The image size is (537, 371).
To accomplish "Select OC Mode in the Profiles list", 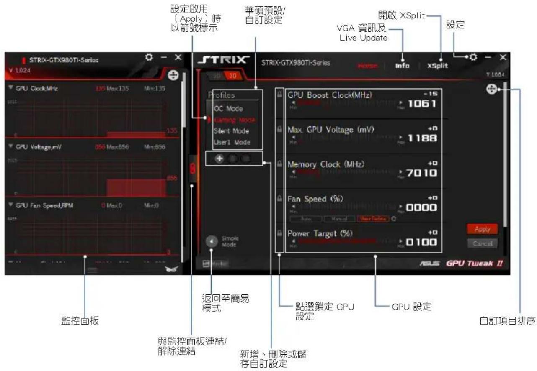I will pos(228,108).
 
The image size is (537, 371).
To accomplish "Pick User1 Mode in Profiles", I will pos(232,142).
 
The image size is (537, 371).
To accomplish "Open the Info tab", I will pos(402,66).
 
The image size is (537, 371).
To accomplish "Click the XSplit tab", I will pos(437,66).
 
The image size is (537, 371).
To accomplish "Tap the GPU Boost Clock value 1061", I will pos(422,103).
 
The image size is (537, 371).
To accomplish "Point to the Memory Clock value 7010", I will pos(422,173).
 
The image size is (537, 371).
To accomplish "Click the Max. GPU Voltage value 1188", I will pos(422,138).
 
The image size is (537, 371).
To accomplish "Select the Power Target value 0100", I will pos(422,242).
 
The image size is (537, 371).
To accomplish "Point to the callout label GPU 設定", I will pos(412,307).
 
